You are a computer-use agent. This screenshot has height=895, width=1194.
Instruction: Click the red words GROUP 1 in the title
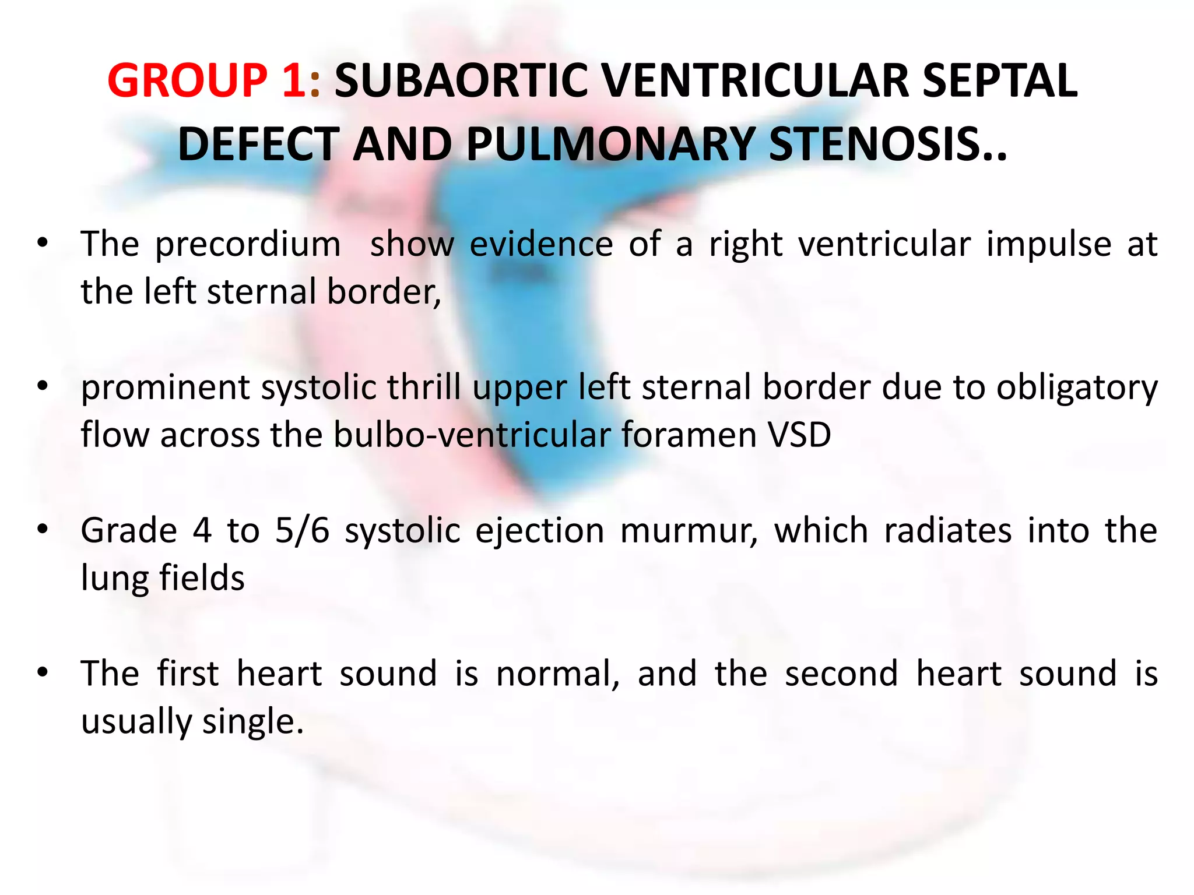[x=207, y=80]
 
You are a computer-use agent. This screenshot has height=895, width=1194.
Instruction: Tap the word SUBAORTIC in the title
[x=461, y=80]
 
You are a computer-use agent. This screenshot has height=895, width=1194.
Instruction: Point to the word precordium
[x=248, y=244]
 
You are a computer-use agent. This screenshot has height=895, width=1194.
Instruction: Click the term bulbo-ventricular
[x=472, y=435]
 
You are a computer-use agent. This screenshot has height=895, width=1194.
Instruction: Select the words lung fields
[x=163, y=578]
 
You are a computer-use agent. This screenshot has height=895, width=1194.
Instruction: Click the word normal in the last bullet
[x=558, y=674]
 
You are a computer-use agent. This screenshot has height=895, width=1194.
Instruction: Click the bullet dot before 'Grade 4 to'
[x=42, y=529]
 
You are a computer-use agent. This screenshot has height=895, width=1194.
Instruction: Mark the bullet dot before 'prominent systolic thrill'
[x=42, y=386]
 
